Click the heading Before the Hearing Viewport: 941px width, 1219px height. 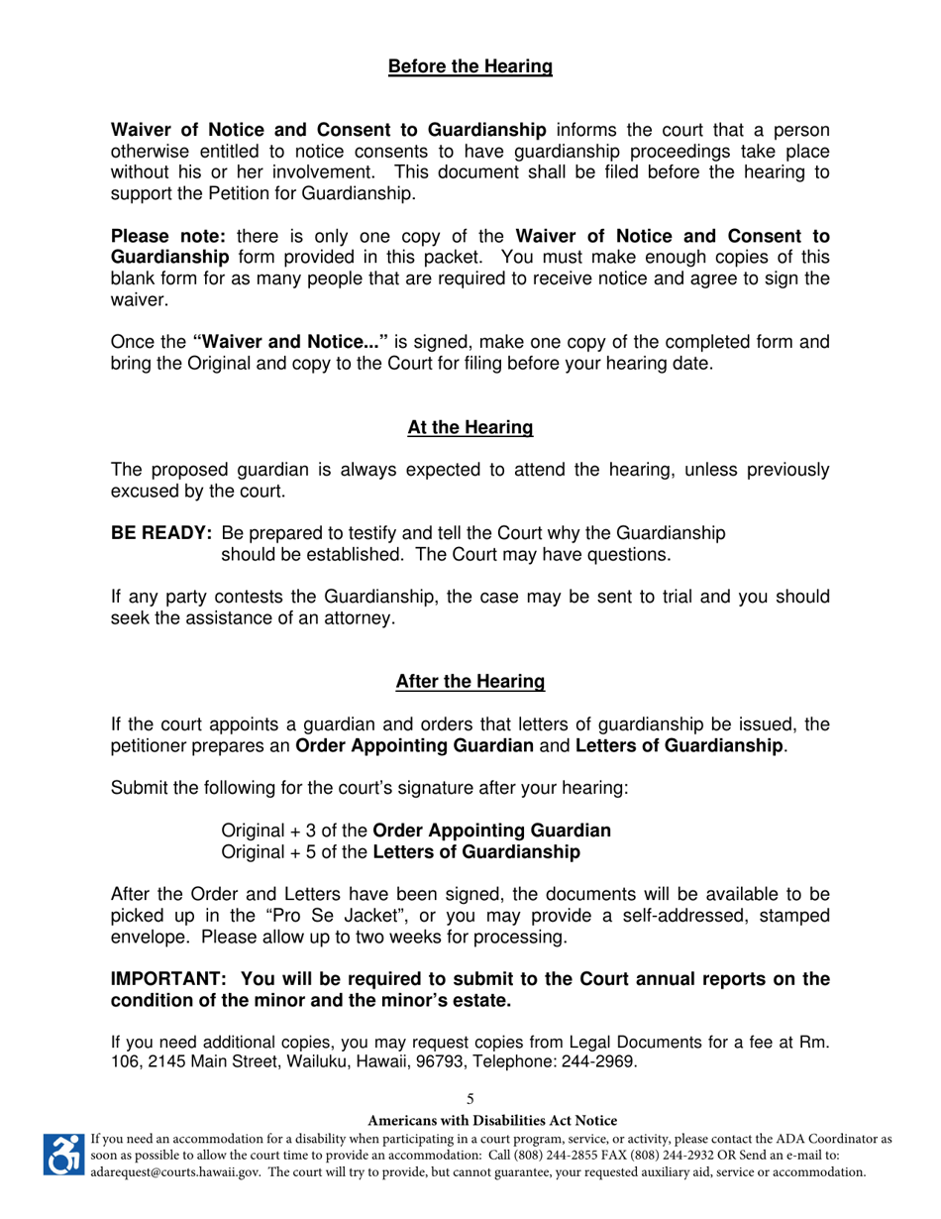(470, 67)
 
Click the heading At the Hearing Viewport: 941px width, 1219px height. (470, 428)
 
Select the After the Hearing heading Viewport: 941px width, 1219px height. (470, 682)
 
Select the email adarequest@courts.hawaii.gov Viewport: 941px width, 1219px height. (176, 1172)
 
